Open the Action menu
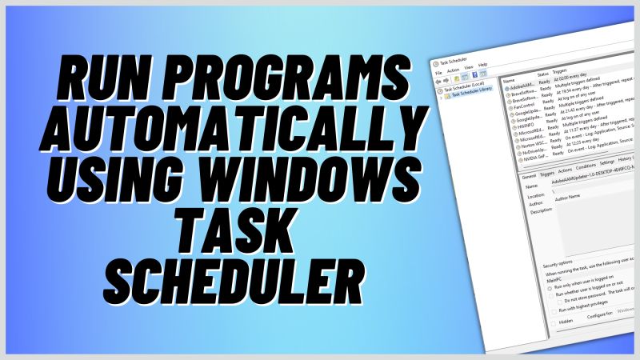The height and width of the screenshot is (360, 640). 452,73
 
